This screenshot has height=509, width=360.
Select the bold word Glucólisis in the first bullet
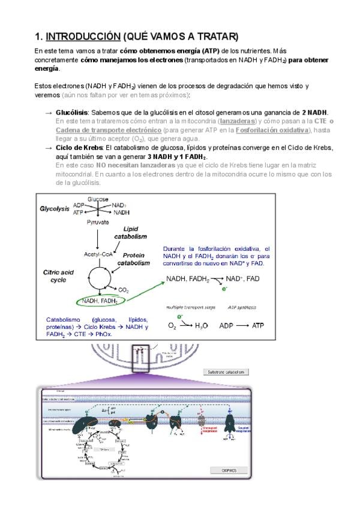(71, 112)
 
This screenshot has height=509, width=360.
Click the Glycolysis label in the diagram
(55, 209)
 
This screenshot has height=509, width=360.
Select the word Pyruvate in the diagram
(97, 222)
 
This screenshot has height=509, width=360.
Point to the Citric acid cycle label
(58, 276)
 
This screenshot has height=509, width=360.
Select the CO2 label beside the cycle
(124, 290)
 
